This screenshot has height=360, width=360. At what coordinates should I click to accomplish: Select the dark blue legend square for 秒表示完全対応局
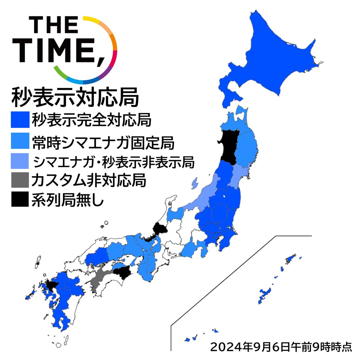[20, 120]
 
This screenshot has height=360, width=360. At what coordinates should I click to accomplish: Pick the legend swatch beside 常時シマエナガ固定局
[20, 141]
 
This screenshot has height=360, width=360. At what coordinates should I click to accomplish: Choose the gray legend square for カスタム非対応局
[20, 180]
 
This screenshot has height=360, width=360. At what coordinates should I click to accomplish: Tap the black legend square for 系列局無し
[20, 199]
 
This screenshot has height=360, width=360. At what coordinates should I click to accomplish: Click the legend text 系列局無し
[67, 199]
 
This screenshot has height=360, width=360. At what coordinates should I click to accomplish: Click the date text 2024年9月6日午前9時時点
[281, 347]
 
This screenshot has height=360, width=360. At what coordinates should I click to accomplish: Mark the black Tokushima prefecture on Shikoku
[123, 273]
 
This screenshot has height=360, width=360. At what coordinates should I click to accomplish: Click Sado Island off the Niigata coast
[195, 183]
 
